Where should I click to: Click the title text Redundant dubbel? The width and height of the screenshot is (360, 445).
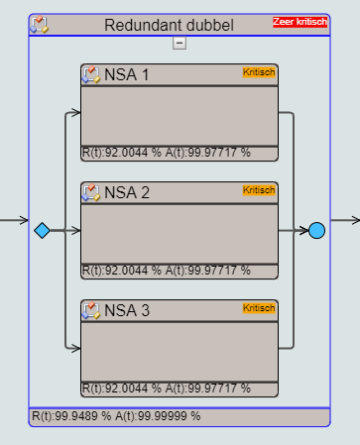coord(169,25)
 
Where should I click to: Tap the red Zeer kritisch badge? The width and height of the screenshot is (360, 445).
coord(300,22)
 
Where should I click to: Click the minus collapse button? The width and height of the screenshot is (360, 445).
coord(180,43)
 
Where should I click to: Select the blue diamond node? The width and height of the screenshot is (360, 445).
coord(43,230)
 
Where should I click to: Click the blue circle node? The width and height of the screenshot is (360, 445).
coord(316,230)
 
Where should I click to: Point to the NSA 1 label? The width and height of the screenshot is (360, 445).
coord(126,74)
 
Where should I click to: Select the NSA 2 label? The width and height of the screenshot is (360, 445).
coord(127,192)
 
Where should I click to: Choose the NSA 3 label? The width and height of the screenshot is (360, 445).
coord(127,310)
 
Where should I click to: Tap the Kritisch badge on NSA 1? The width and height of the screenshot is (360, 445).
coord(259,72)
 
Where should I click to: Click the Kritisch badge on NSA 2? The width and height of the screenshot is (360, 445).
coord(259,190)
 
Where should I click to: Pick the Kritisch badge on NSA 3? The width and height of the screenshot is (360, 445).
coord(259,308)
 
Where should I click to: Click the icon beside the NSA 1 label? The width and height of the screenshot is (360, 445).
coord(91,74)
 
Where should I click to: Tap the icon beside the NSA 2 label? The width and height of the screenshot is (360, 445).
coord(91,192)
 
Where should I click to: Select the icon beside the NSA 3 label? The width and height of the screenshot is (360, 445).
coord(91,310)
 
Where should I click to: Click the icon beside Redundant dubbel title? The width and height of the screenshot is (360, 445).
coord(40,25)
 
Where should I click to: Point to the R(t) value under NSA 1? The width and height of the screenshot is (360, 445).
coord(122,153)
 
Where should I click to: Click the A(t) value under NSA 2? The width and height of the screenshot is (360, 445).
coord(208,271)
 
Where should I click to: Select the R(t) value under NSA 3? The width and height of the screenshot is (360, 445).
coord(122,389)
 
